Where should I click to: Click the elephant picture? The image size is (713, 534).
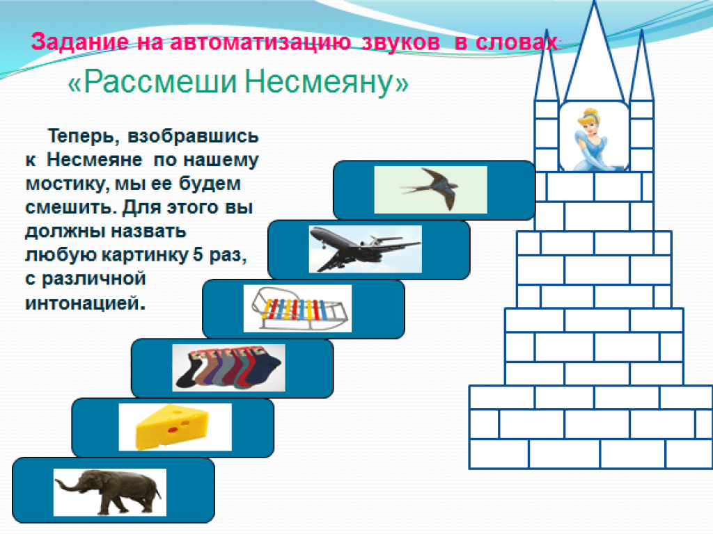click(x=109, y=492)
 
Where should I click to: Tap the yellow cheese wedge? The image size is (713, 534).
click(x=173, y=427)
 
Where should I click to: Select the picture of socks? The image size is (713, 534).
click(x=228, y=368)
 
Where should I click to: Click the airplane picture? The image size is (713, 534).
click(x=365, y=249)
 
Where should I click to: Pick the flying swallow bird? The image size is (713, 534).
click(x=430, y=189)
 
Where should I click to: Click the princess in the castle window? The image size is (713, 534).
click(x=592, y=139)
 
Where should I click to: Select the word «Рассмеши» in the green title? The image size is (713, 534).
click(x=161, y=82)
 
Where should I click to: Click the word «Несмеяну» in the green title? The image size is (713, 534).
click(x=320, y=82)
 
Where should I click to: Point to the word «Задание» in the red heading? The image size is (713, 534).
click(x=80, y=42)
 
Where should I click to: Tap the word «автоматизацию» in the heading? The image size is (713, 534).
click(x=260, y=42)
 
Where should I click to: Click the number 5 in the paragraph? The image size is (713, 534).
click(x=198, y=254)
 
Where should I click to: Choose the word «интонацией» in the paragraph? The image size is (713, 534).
click(x=85, y=302)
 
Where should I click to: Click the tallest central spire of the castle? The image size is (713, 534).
click(x=594, y=54)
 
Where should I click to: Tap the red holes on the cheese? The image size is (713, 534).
click(x=179, y=426)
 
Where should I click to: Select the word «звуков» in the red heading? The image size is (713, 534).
click(x=400, y=42)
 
